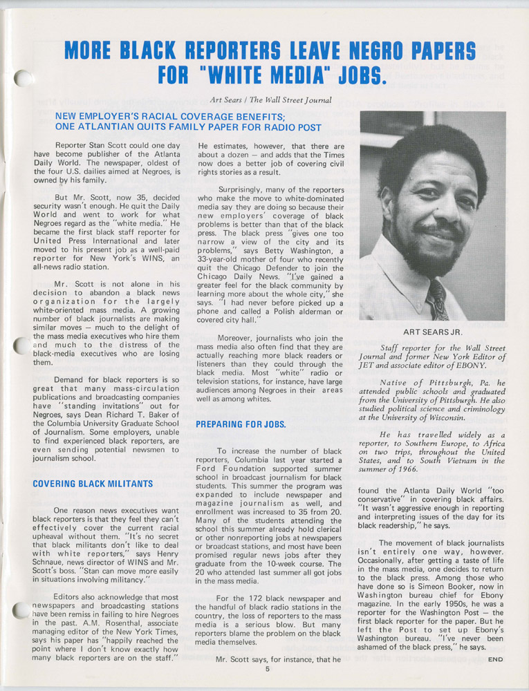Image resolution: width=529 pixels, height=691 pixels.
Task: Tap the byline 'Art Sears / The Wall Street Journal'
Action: tap(272, 100)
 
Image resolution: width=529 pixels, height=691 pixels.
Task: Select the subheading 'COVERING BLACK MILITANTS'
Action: tap(93, 484)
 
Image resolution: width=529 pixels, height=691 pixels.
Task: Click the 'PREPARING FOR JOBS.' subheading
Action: tap(241, 424)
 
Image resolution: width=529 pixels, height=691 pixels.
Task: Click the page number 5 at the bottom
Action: tap(266, 669)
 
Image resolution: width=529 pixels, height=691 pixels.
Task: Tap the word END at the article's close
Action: tap(495, 659)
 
